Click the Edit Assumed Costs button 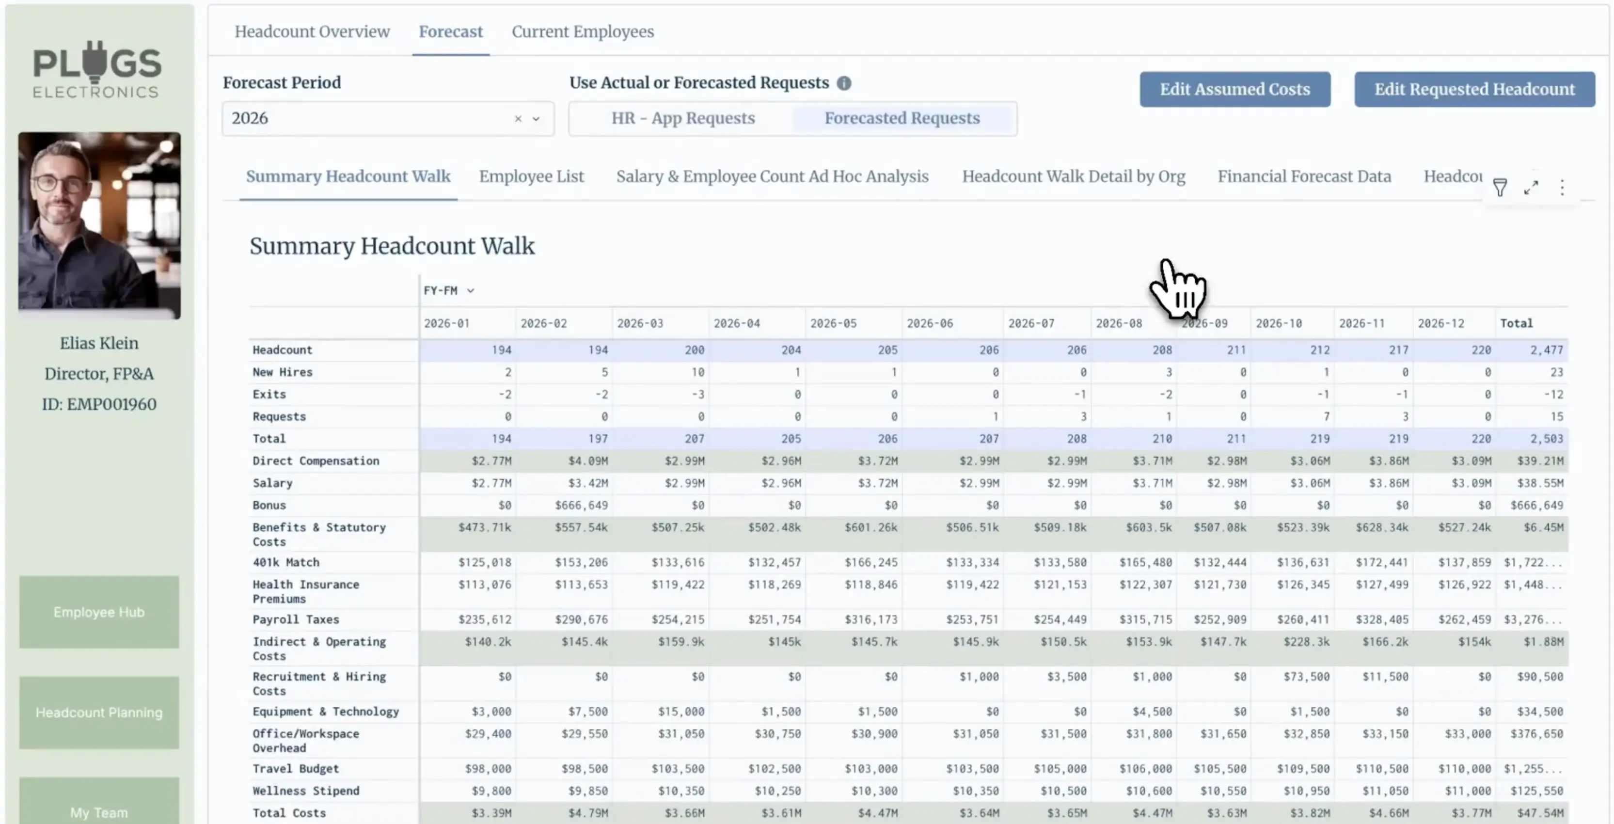pos(1234,89)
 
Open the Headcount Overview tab pos(312,32)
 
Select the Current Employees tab pos(582,32)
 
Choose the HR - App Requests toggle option pos(683,118)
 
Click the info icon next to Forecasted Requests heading pos(843,83)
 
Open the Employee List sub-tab pos(531,177)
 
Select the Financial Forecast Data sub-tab pos(1303,177)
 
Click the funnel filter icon pos(1499,188)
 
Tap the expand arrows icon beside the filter pos(1531,188)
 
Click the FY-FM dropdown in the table pos(449,291)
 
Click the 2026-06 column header pos(929,323)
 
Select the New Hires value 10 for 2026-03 pos(697,372)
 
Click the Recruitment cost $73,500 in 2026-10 pos(1306,677)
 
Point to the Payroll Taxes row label pos(296,619)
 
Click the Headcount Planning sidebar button pos(99,713)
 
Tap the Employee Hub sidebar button pos(99,612)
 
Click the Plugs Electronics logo pos(97,69)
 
